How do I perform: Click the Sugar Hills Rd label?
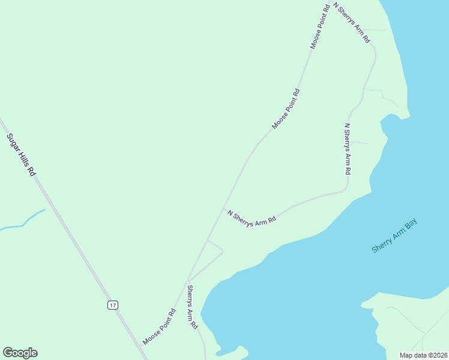[22, 154]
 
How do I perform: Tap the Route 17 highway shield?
[113, 305]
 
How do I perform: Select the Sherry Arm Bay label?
[394, 236]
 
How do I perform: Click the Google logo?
[20, 353]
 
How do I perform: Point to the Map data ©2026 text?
[423, 355]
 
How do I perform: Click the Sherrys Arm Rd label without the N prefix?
[191, 307]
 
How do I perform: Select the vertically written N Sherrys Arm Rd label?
[347, 149]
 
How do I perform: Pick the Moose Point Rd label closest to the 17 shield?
[159, 327]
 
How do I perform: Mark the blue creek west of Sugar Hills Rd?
[24, 224]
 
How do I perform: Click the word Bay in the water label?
[410, 225]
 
